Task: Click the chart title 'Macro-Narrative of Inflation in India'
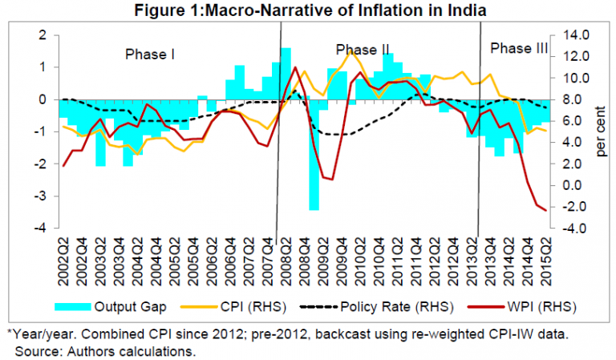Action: coord(308,10)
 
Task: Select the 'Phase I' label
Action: coord(149,55)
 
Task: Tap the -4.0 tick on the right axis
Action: coord(578,229)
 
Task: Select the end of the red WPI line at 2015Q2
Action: coord(546,210)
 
